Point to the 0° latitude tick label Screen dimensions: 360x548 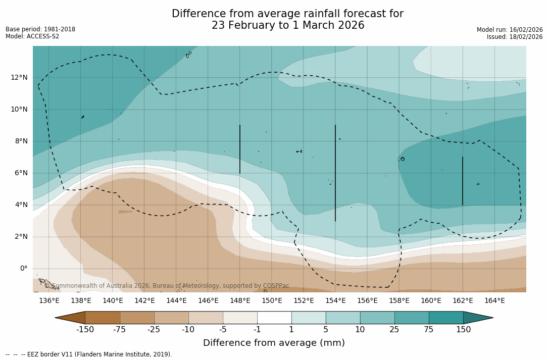point(23,268)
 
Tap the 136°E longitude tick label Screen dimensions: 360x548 point(49,301)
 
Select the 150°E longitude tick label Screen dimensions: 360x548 point(272,301)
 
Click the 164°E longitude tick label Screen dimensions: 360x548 point(494,301)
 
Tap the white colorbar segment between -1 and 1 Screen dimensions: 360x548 point(274,318)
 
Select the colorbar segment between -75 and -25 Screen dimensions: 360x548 point(137,318)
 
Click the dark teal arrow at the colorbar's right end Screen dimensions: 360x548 point(477,318)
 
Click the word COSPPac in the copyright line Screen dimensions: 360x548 point(276,286)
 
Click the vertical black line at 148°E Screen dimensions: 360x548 point(240,149)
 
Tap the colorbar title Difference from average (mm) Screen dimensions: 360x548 point(274,343)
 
